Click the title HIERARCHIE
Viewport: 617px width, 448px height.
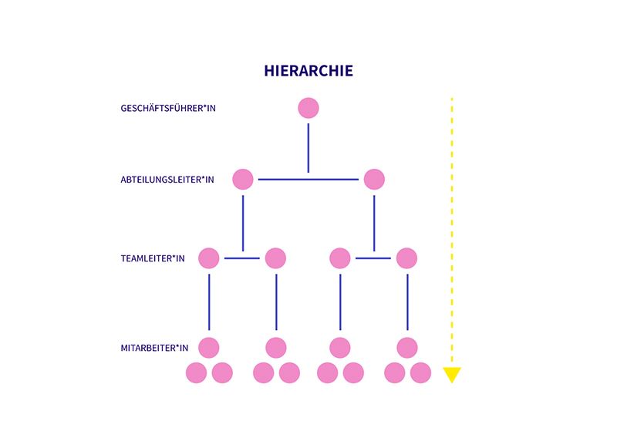click(x=308, y=71)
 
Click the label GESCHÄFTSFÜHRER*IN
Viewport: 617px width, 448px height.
click(x=168, y=108)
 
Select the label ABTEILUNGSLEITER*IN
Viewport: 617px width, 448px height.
click(x=167, y=180)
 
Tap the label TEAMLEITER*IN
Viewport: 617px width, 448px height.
click(x=153, y=258)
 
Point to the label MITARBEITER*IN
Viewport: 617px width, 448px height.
click(x=154, y=348)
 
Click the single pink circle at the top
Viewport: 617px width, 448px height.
click(x=308, y=108)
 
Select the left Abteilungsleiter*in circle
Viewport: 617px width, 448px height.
click(x=243, y=180)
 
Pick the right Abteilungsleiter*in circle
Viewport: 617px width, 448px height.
click(x=374, y=180)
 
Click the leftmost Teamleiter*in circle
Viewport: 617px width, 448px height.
click(x=209, y=258)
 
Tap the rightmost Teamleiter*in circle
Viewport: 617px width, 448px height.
click(x=407, y=258)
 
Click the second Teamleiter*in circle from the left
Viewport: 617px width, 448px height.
click(x=275, y=258)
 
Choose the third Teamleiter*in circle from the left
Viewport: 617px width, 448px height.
click(x=340, y=258)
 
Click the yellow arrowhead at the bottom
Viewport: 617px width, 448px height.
click(x=452, y=376)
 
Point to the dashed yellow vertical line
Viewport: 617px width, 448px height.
click(x=452, y=231)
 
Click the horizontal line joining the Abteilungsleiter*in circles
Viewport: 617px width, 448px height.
click(x=308, y=180)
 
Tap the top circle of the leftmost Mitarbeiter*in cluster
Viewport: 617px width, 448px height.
click(x=209, y=348)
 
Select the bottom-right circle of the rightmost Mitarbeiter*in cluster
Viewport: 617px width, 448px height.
click(x=420, y=373)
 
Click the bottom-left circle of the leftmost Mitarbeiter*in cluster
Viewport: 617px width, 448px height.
click(x=197, y=373)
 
